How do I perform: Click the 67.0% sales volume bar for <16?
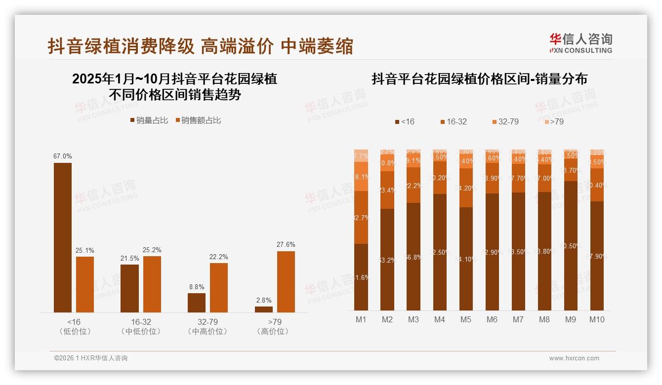coord(63,237)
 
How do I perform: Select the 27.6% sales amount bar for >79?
coord(286,281)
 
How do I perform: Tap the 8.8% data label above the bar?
coord(196,287)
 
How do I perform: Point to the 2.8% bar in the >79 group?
coord(263,309)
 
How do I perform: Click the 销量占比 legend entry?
coord(149,120)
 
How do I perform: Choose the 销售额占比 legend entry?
coord(198,120)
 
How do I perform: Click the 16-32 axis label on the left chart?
coord(141,322)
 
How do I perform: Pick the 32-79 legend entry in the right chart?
coord(505,121)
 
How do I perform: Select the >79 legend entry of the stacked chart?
coord(554,121)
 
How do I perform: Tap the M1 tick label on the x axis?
coord(361,319)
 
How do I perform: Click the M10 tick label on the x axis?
coord(597,319)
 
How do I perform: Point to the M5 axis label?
coord(466,319)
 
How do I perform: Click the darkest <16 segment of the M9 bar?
coord(571,245)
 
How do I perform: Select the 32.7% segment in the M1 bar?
coord(361,217)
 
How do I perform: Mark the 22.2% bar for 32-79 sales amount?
coord(219,287)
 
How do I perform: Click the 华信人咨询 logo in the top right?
coord(580,43)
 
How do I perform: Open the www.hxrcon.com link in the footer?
coord(574,358)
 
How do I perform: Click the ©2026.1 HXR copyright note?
coord(91,358)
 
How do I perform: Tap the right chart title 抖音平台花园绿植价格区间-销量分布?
coord(479,79)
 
